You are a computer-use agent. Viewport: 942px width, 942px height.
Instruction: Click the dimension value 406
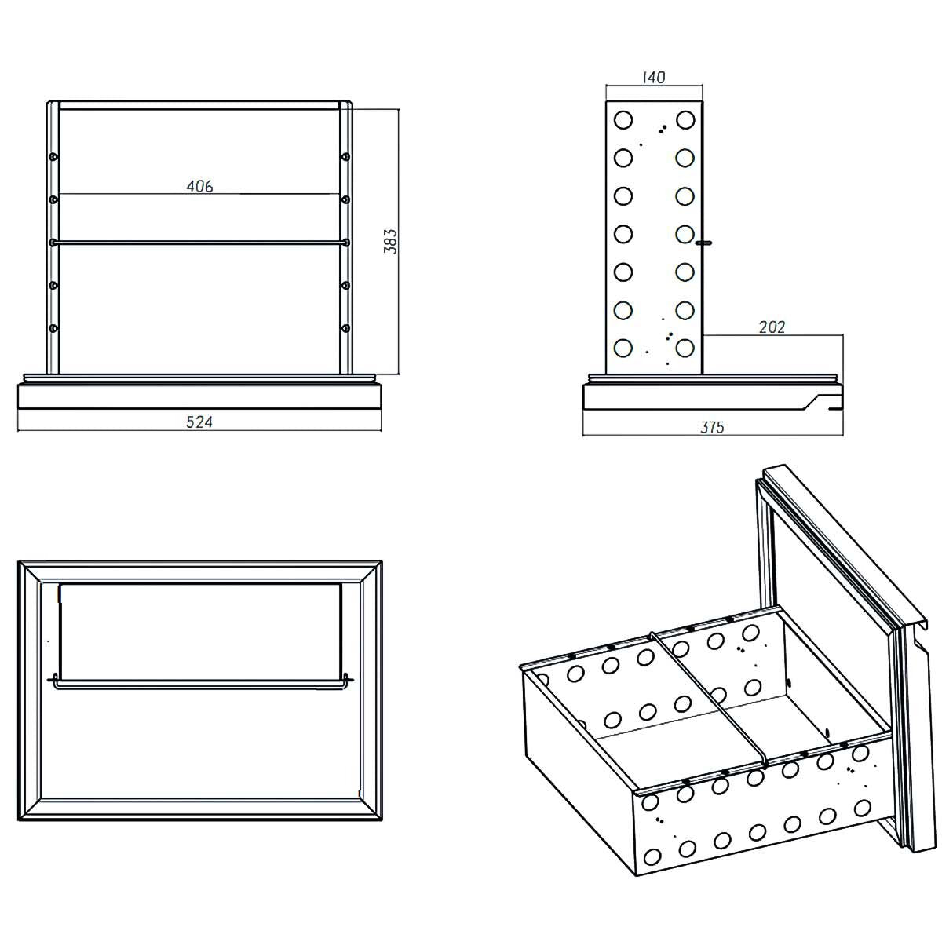pos(199,186)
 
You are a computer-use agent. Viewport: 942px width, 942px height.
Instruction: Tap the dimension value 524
pos(199,422)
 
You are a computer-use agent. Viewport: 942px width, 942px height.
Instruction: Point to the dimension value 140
pos(653,78)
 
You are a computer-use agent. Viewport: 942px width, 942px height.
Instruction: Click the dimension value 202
pos(772,327)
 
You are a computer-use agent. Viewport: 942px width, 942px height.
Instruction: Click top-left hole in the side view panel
pos(623,120)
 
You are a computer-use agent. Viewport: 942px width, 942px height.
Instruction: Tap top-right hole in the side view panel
pos(685,120)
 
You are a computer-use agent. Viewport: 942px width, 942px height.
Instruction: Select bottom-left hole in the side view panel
pos(623,347)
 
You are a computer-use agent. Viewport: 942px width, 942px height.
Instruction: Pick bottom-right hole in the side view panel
pos(685,347)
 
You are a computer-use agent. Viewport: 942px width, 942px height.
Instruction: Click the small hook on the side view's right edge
pos(706,243)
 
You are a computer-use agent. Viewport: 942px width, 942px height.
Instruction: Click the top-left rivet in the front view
pos(53,157)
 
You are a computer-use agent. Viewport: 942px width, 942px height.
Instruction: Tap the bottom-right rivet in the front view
pos(345,327)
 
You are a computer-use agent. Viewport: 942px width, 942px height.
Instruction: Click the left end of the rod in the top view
pos(53,680)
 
